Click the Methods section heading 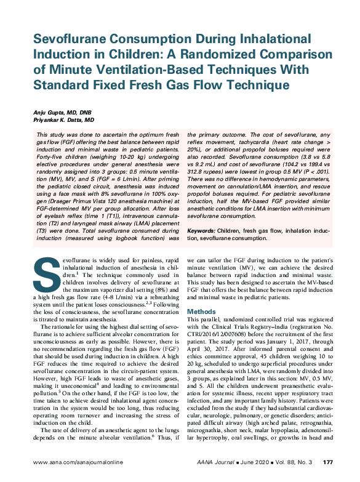pyautogui.click(x=201, y=311)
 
